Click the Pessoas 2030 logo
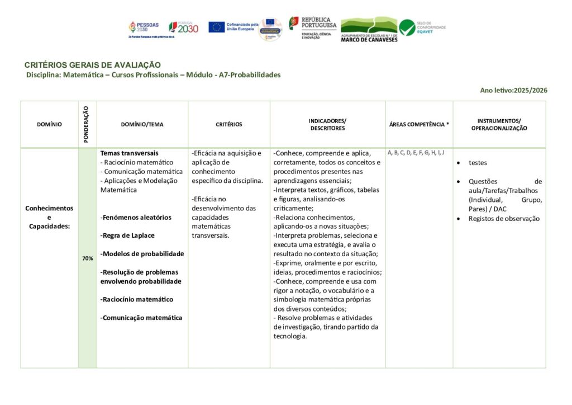[144, 27]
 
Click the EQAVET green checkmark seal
[407, 27]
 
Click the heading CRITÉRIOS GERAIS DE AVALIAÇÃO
[93, 65]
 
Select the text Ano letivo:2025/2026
[513, 90]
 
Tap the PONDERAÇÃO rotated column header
[87, 124]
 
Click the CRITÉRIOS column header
[229, 125]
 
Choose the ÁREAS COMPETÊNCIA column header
[419, 125]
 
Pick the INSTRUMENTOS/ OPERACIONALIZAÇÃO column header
[499, 124]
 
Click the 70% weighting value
[88, 258]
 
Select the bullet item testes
[478, 163]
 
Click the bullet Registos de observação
[504, 219]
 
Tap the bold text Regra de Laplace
[128, 236]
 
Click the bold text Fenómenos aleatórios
[136, 217]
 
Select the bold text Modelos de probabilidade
[142, 253]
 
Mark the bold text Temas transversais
[130, 153]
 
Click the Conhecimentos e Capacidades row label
[49, 217]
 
